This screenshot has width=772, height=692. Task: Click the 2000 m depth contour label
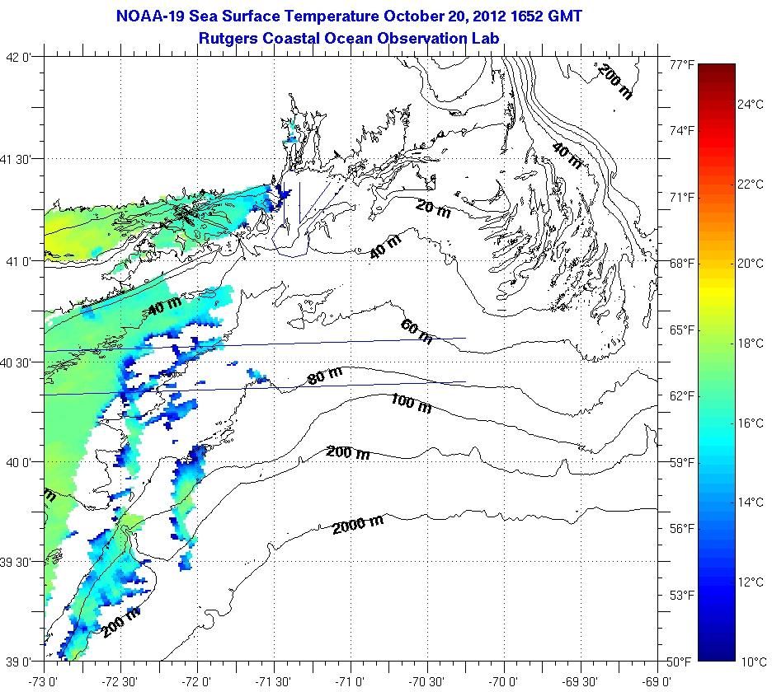[x=359, y=522]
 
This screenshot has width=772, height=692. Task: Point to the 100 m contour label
[x=411, y=403]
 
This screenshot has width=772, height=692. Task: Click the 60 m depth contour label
[x=417, y=331]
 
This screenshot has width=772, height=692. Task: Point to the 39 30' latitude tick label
[x=21, y=563]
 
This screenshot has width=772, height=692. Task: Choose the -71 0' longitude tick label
[x=351, y=682]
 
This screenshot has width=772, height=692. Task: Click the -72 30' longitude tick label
[x=121, y=682]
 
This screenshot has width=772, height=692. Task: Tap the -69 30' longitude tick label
[x=580, y=682]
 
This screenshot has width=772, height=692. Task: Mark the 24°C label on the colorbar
[x=751, y=105]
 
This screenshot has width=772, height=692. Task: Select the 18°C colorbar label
[x=751, y=343]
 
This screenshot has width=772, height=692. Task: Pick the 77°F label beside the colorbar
[x=681, y=64]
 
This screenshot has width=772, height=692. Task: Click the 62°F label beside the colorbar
[x=681, y=396]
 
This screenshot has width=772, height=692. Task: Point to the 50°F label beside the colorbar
[x=681, y=662]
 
